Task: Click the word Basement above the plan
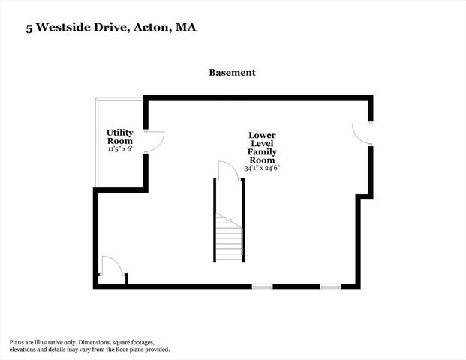coord(233,73)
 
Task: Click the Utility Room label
coord(120,136)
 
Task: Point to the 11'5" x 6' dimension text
coord(120,149)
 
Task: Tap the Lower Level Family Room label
coord(262,148)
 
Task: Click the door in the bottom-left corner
coord(111,268)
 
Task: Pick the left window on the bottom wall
coord(262,286)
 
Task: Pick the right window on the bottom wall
coord(330,286)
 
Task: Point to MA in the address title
coord(187,28)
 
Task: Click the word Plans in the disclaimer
coord(19,341)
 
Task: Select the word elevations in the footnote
coord(25,349)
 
